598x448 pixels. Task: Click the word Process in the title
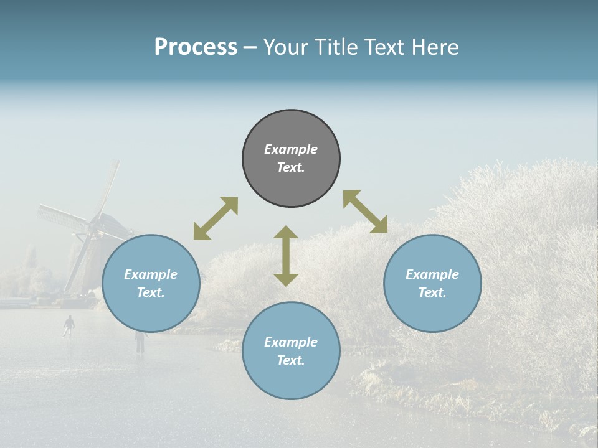pos(196,47)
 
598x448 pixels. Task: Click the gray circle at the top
pos(291,131)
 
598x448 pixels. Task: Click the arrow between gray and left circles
pos(216,218)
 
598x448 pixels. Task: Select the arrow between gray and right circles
pos(366,212)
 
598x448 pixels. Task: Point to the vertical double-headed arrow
pos(286,256)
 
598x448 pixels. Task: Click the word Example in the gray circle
pos(291,149)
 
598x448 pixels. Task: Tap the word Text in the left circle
pos(151,292)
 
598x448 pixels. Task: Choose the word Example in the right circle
pos(432,274)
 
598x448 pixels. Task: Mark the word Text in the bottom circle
pos(291,360)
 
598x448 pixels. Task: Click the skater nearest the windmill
pos(69,324)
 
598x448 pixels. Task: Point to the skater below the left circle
pos(140,341)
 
